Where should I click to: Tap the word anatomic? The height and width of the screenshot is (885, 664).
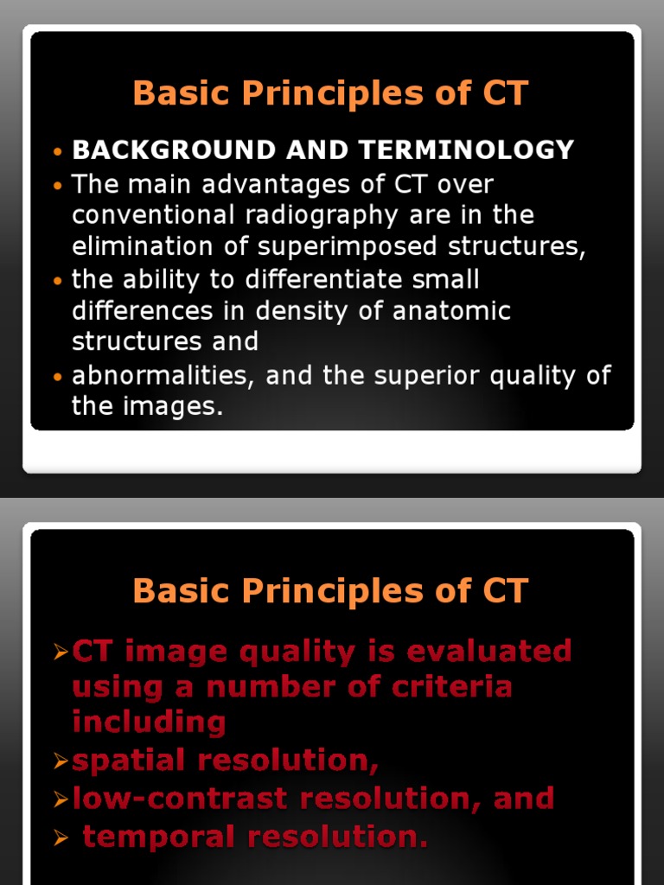(452, 310)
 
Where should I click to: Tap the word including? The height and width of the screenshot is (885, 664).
(149, 723)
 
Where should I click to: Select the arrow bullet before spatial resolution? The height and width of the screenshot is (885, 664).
(60, 761)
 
